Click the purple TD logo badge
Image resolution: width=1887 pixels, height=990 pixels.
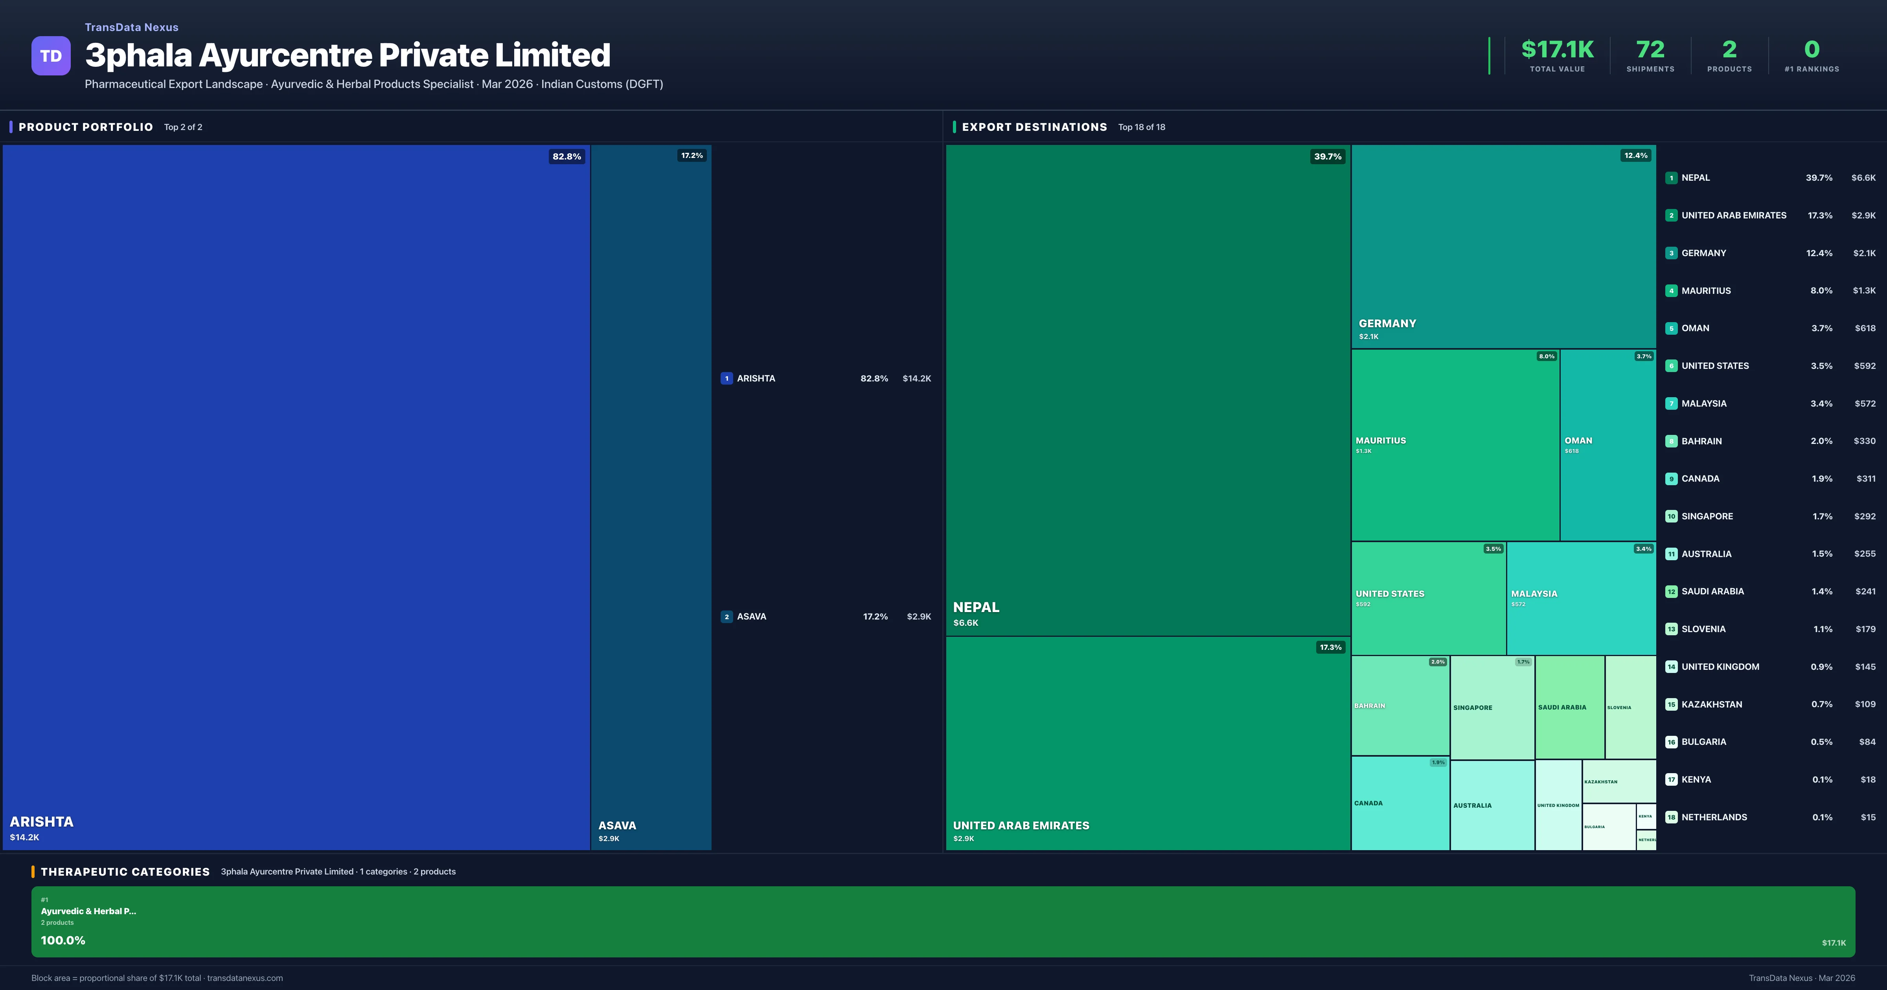coord(51,56)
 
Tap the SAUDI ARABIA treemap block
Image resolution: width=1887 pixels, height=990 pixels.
coord(1569,708)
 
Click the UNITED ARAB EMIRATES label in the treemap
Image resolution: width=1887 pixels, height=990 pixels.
coord(1021,825)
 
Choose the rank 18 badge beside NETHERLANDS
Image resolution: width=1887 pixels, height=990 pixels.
coord(1671,817)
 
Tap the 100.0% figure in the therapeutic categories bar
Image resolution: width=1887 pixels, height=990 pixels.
coord(63,940)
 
